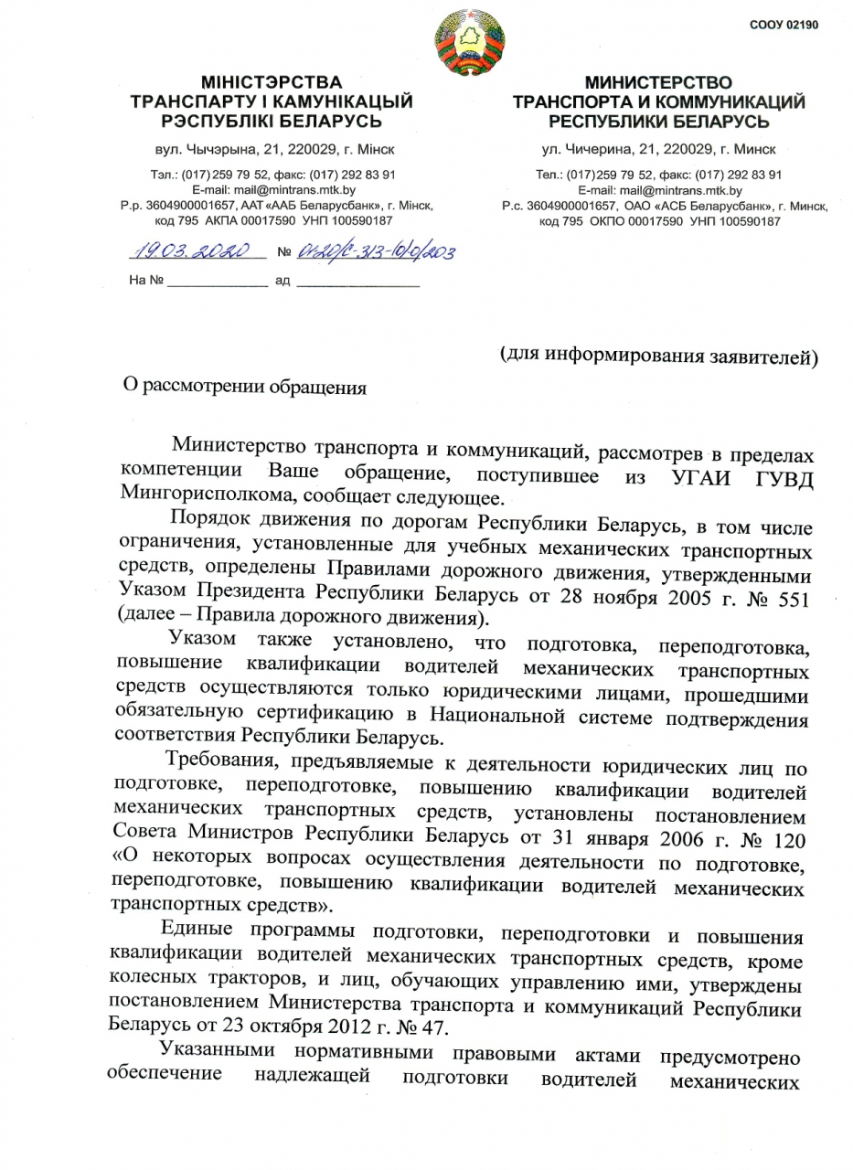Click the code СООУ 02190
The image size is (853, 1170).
pyautogui.click(x=783, y=25)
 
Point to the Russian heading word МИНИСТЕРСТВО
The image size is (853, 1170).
pyautogui.click(x=658, y=83)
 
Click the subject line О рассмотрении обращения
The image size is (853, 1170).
pyautogui.click(x=245, y=387)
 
